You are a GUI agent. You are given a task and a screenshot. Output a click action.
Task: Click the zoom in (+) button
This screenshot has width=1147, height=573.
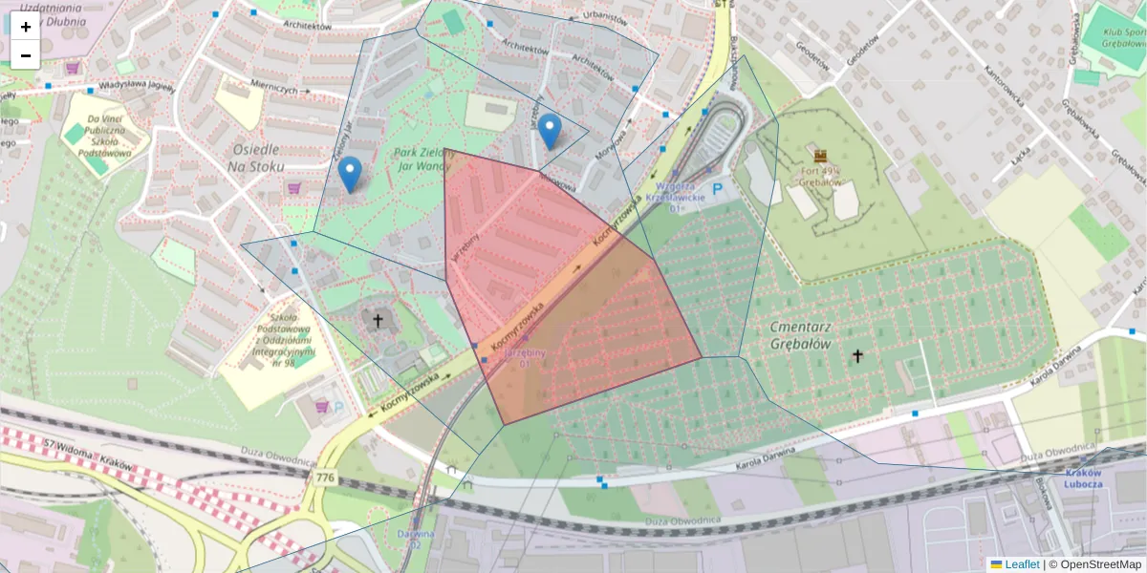pyautogui.click(x=26, y=27)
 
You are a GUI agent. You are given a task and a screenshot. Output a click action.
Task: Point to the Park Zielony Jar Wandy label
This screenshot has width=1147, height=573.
pyautogui.click(x=421, y=159)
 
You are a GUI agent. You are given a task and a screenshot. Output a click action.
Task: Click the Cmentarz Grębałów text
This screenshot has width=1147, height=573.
pyautogui.click(x=800, y=335)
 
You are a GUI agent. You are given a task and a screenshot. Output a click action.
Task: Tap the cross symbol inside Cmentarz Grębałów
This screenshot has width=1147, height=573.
pyautogui.click(x=857, y=356)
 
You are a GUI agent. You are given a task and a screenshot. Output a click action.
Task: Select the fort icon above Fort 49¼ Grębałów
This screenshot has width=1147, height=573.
pyautogui.click(x=820, y=156)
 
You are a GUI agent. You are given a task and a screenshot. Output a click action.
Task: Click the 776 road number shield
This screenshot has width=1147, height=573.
pyautogui.click(x=325, y=477)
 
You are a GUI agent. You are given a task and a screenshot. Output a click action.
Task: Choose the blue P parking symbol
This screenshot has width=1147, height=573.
pyautogui.click(x=717, y=190)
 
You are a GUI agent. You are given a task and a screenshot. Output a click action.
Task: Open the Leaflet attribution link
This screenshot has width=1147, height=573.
pyautogui.click(x=1021, y=564)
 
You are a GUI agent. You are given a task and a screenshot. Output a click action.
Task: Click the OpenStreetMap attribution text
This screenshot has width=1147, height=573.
pyautogui.click(x=1099, y=564)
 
